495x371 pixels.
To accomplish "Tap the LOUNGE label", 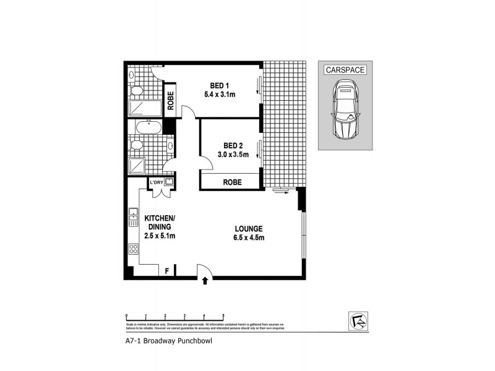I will (x=248, y=228).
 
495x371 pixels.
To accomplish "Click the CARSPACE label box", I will (x=345, y=70).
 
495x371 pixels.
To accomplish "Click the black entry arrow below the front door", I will (x=205, y=281).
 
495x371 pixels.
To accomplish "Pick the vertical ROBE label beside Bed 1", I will (x=170, y=100).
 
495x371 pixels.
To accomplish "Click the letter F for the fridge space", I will (x=166, y=270).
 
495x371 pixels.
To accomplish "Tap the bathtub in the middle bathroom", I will (x=149, y=130).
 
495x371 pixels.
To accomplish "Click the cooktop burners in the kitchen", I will (x=132, y=249).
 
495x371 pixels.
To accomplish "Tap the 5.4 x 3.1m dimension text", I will (x=222, y=94).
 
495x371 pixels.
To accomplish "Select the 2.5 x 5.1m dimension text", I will (x=160, y=236).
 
